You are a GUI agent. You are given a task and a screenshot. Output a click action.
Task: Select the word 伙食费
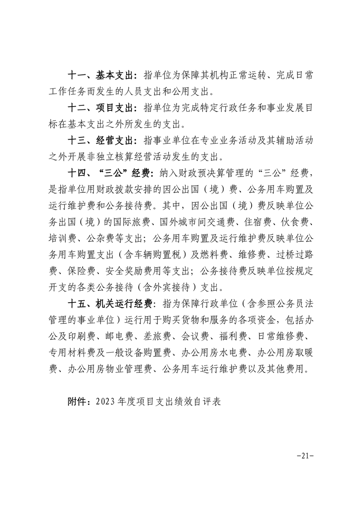299,223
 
